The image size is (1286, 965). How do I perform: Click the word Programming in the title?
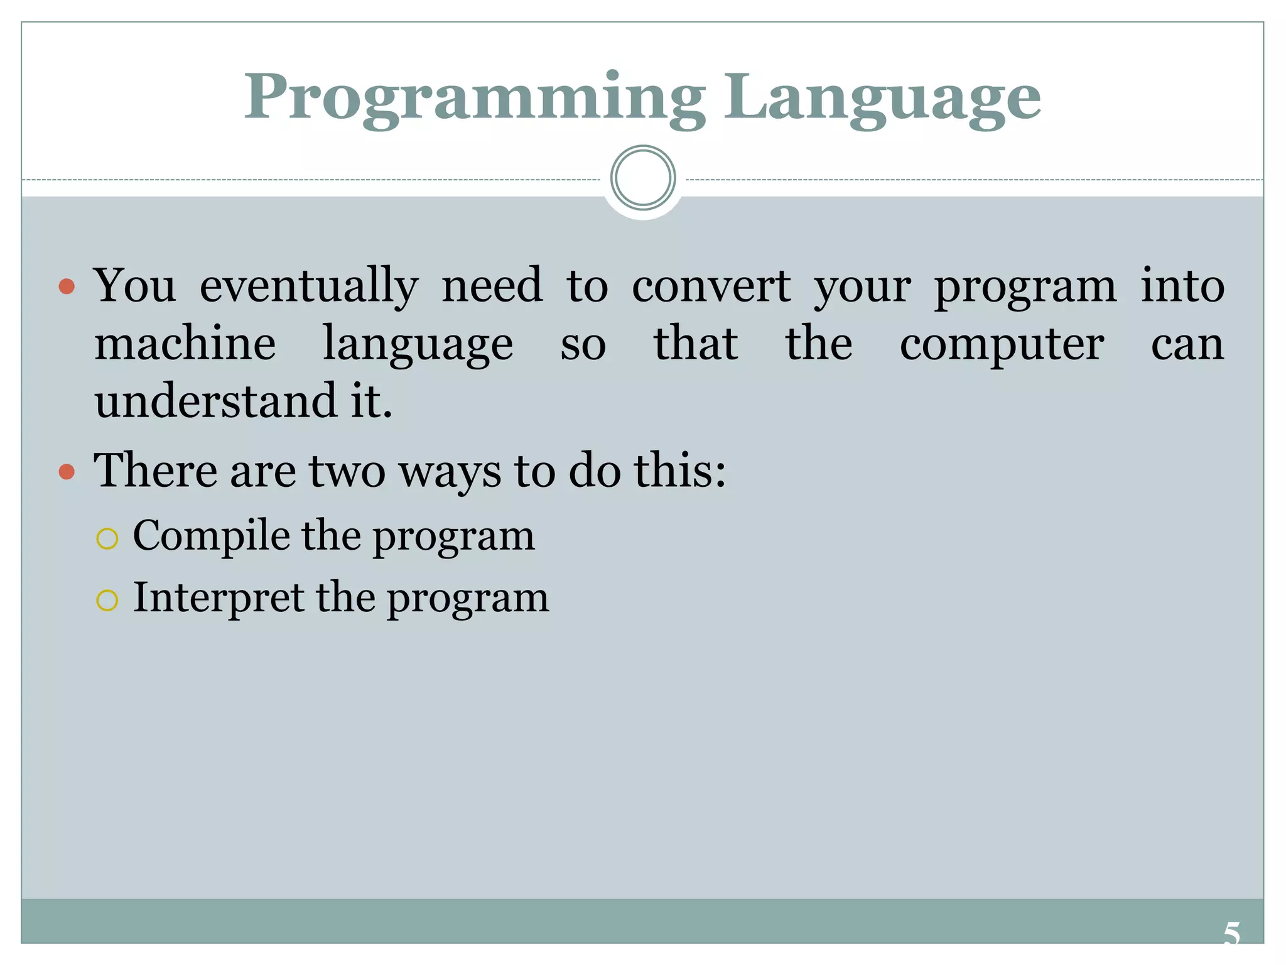pyautogui.click(x=475, y=98)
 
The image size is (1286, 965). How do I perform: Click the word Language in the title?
pyautogui.click(x=882, y=98)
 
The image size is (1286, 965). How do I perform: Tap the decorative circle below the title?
pyautogui.click(x=642, y=178)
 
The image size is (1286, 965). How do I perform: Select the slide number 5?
pyautogui.click(x=1231, y=934)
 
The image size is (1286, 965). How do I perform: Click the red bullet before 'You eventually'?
pyautogui.click(x=67, y=288)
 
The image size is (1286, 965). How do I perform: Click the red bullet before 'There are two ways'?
pyautogui.click(x=67, y=471)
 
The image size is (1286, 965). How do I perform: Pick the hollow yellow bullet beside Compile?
pyautogui.click(x=107, y=538)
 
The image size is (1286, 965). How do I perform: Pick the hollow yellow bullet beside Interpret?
pyautogui.click(x=107, y=600)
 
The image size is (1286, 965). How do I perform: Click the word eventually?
pyautogui.click(x=309, y=286)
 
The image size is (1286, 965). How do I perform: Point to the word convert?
pyautogui.click(x=711, y=286)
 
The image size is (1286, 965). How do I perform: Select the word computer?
pyautogui.click(x=1002, y=345)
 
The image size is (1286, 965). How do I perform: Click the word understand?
pyautogui.click(x=215, y=401)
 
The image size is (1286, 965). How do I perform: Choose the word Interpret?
pyautogui.click(x=219, y=597)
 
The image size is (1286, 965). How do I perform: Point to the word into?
pyautogui.click(x=1182, y=286)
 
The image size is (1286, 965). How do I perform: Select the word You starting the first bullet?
pyautogui.click(x=135, y=286)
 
